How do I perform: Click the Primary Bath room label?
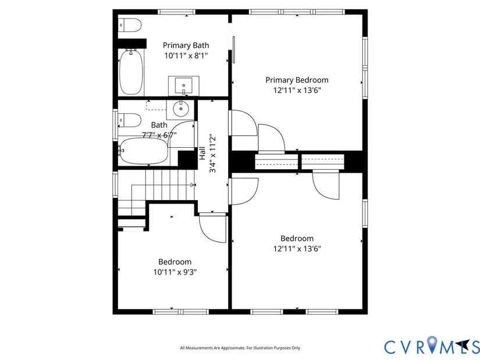click(186, 45)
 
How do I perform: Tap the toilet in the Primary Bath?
click(130, 25)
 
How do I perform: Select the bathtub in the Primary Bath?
click(131, 72)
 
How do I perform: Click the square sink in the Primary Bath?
click(184, 85)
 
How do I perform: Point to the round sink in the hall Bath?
click(180, 109)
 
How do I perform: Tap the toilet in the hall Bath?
click(130, 120)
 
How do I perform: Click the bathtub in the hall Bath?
click(143, 151)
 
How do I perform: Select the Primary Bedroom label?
click(297, 80)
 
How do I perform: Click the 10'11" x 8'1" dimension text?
click(186, 56)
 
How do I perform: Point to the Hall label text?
click(202, 153)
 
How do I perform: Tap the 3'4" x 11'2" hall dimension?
click(212, 153)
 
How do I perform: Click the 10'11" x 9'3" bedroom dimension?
click(175, 272)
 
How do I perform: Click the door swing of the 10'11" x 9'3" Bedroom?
click(213, 229)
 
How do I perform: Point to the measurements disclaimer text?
click(240, 348)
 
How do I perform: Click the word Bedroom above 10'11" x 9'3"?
click(175, 262)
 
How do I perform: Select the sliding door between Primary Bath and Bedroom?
click(233, 49)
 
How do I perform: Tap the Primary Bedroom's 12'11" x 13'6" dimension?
click(297, 90)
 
